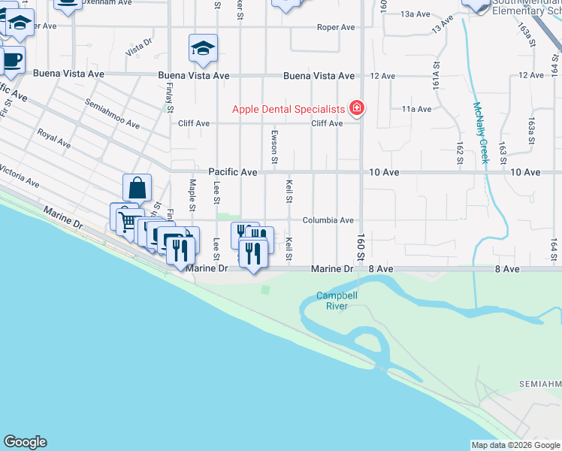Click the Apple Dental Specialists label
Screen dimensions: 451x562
click(x=287, y=109)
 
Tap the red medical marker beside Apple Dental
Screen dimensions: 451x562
click(x=357, y=109)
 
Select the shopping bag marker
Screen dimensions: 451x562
click(x=137, y=188)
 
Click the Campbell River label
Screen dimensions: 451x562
click(x=336, y=301)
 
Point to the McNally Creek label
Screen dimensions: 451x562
click(x=480, y=134)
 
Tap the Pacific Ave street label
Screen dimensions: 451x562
click(x=233, y=172)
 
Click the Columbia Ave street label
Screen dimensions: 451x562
click(x=328, y=220)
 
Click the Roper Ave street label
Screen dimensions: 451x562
click(x=335, y=27)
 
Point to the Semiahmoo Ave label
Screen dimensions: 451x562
click(x=113, y=114)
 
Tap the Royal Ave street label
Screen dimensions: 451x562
click(x=54, y=139)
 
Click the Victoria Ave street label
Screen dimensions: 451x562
click(x=19, y=176)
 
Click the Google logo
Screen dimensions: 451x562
click(x=25, y=442)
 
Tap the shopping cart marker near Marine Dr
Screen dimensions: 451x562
click(x=125, y=220)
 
